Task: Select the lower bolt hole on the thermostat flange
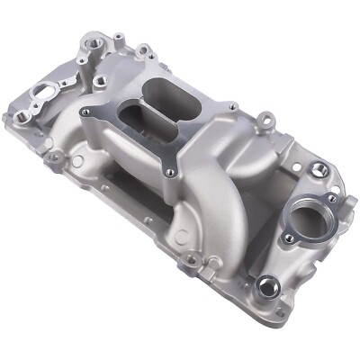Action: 289,238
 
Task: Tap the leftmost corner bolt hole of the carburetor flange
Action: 86,112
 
